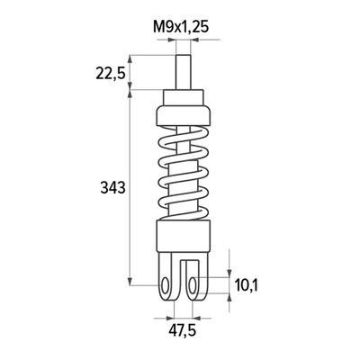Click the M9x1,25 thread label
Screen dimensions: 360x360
(x=181, y=28)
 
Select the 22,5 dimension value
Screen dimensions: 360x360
(x=110, y=74)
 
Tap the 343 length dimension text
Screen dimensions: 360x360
(x=112, y=188)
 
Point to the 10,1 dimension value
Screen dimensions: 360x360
(x=246, y=284)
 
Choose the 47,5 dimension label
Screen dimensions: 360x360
(x=182, y=331)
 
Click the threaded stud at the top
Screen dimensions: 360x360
(x=183, y=72)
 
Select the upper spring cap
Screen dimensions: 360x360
(x=183, y=116)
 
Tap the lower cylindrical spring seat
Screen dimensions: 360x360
(x=183, y=236)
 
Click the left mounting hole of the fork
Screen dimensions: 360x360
(x=165, y=285)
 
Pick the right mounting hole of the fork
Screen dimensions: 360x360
(x=193, y=285)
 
